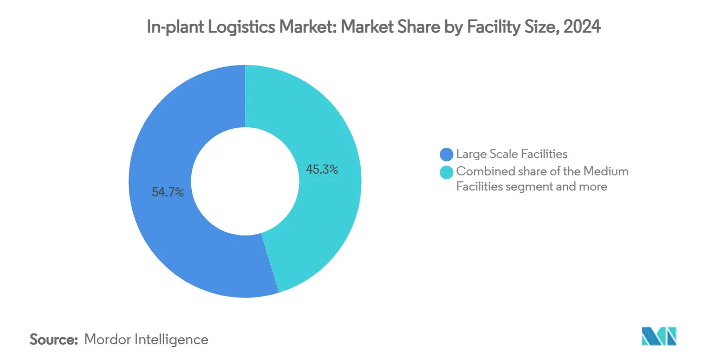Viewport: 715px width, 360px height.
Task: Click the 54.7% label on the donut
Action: coord(167,192)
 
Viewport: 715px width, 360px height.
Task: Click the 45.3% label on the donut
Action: coord(322,170)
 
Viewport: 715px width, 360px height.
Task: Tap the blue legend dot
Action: coord(447,155)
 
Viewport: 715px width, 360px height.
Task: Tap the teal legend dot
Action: coord(447,172)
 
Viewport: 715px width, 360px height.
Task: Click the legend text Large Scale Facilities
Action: coord(511,155)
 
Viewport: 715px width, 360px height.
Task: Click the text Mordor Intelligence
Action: coord(146,339)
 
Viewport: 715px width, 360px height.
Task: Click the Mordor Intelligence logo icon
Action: coord(659,337)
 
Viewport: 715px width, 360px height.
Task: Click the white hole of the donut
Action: coord(245,181)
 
